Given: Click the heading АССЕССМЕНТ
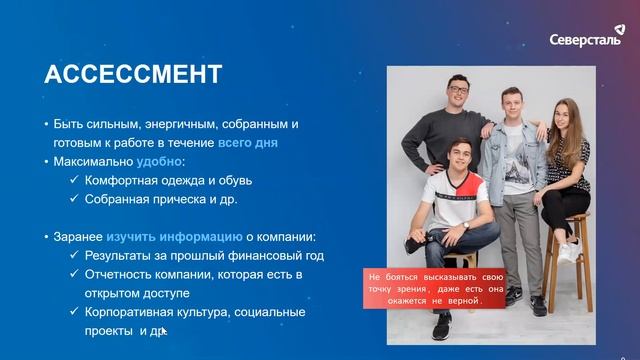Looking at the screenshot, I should (133, 75).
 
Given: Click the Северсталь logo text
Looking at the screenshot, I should (585, 40).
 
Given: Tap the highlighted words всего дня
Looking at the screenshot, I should (248, 143).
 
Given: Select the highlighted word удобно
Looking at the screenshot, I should (160, 161).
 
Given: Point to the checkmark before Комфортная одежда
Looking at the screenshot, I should (75, 181).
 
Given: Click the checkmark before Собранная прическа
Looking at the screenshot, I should (75, 199).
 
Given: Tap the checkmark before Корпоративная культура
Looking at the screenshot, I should (75, 312).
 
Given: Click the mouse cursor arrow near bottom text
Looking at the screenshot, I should (163, 331).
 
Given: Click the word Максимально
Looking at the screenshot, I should (97, 161).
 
